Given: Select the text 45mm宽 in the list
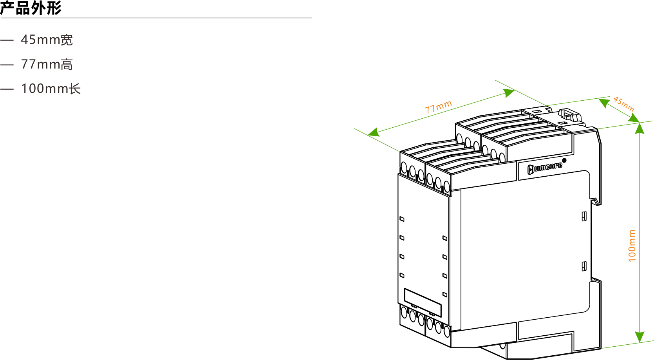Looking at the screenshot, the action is (47, 40).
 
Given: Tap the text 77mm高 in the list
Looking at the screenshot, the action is (47, 64).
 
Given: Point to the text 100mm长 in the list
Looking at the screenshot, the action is (51, 89).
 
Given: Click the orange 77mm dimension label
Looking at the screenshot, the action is (438, 107).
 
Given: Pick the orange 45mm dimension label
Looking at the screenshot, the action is (623, 104).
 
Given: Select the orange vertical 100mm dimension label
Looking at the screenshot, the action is (632, 246).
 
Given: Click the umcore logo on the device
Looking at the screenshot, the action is (545, 168).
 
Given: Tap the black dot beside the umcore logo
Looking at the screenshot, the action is (564, 160).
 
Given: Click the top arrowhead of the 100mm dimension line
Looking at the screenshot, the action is (640, 128).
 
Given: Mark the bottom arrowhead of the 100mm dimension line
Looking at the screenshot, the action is (640, 337).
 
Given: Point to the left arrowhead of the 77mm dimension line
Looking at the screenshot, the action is (374, 132).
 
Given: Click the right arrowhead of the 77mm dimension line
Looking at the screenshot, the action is (509, 93).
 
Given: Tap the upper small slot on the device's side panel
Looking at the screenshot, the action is (584, 216).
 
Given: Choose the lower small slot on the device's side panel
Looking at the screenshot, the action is (584, 266).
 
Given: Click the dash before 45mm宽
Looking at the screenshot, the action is (7, 40).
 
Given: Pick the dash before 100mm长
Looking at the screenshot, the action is (7, 89).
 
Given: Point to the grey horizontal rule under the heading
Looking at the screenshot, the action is (156, 18).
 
